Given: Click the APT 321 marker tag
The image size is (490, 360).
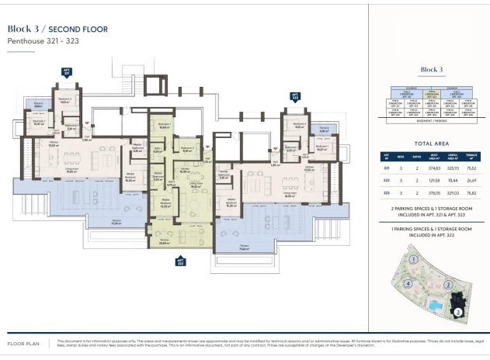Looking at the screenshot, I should point(65,71).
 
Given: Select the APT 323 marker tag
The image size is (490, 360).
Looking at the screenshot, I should point(295,97).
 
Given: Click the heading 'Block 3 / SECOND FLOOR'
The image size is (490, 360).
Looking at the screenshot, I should point(57,29).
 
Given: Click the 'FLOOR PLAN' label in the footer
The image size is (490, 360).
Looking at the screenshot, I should point(23,342).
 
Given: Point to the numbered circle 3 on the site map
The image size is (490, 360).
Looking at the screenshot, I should point(457,311).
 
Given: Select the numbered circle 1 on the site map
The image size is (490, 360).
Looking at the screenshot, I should point(415,260).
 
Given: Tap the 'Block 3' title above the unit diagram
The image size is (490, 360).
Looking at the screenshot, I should point(431,70).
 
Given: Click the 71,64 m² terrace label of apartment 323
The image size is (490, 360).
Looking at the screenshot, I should point(243,249).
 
